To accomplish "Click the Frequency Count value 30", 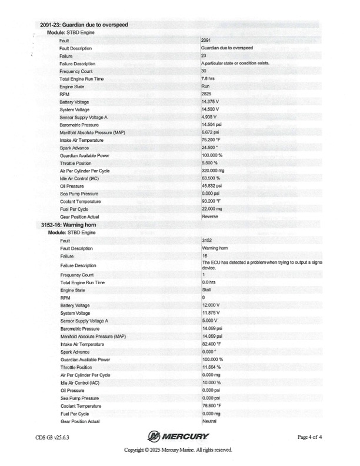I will pos(204,71).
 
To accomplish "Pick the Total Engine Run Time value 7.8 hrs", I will pos(208,78).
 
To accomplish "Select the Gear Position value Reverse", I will pos(209,217).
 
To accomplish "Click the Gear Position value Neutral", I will pos(209,421).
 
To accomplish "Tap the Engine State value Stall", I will pos(205,290).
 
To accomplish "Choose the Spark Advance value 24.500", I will pos(211,147).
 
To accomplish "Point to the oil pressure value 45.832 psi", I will pos(212,186).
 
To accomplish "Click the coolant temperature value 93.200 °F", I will pos(212,201).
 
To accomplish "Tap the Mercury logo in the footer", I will pos(178,436).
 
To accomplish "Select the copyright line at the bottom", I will pos(178,450).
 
